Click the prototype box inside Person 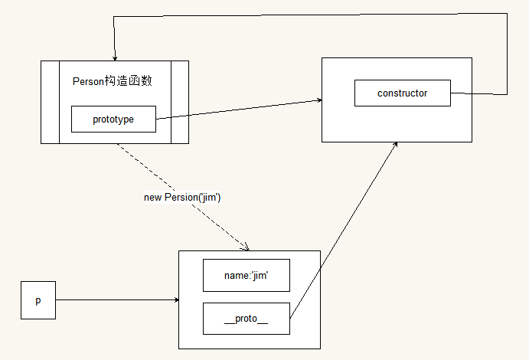coord(113,119)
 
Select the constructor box coord(402,93)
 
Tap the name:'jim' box coord(247,275)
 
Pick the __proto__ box coord(247,319)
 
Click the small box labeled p coord(38,300)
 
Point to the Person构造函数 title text coord(116,81)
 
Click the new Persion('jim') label coord(182,198)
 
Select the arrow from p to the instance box coord(115,299)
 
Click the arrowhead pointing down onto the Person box coord(114,57)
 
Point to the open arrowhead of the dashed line coord(246,247)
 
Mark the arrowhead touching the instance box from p coord(176,300)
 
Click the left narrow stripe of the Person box coord(50,102)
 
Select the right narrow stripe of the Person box coord(179,102)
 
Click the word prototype coord(113,119)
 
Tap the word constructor coord(402,93)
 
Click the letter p coord(38,300)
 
